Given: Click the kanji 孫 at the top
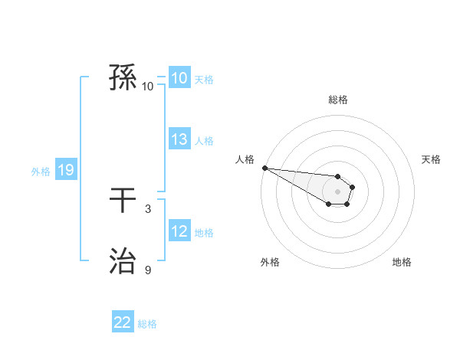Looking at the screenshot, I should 123,78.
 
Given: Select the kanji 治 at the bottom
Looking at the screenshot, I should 123,262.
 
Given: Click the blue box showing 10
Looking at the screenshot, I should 179,78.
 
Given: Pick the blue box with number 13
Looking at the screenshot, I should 179,139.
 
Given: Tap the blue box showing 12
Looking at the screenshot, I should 179,231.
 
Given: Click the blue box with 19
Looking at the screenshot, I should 65,170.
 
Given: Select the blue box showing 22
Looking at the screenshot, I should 123,322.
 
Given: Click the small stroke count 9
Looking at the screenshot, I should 148,270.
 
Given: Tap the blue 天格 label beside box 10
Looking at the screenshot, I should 204,79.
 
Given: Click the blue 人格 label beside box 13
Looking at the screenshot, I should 204,140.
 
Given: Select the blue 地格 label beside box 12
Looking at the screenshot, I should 204,232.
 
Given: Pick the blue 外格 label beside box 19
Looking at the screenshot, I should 41,171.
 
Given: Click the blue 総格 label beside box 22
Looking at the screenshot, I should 147,323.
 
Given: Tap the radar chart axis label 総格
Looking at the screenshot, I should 338,100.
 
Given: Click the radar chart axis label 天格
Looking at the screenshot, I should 432,159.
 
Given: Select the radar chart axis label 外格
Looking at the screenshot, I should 270,262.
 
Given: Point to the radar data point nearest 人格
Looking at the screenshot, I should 264,168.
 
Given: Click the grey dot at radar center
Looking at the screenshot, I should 338,191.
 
